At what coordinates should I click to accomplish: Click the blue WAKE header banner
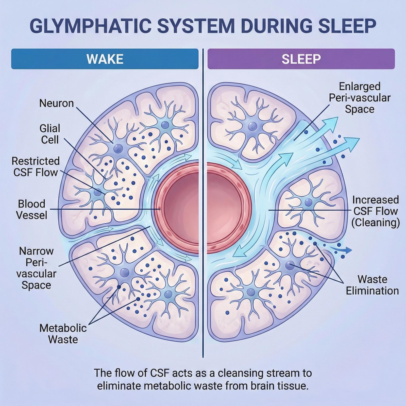(x=105, y=59)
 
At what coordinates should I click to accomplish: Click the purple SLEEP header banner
(x=301, y=59)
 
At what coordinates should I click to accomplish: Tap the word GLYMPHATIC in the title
(x=90, y=26)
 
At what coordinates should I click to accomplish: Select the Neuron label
(x=56, y=103)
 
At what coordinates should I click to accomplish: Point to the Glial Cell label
(x=50, y=134)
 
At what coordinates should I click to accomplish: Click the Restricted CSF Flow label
(x=36, y=167)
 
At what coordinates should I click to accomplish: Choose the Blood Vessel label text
(x=32, y=210)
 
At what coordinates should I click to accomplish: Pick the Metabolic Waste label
(x=63, y=334)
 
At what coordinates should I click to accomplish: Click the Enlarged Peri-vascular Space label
(x=360, y=98)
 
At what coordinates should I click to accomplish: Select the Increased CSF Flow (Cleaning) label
(x=375, y=211)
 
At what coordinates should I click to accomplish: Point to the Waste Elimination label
(x=372, y=285)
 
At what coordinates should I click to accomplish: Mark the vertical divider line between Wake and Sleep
(x=203, y=203)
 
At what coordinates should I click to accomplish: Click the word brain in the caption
(x=263, y=386)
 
